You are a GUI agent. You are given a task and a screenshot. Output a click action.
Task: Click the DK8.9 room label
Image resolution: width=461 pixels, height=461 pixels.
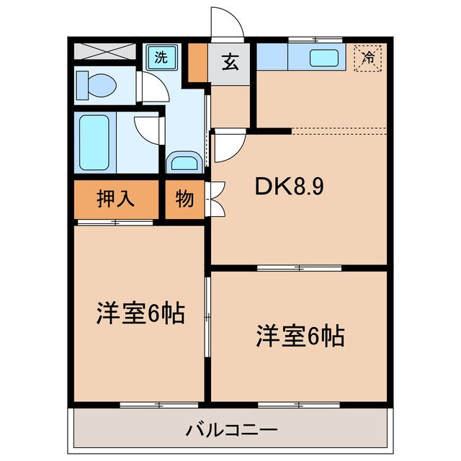290,187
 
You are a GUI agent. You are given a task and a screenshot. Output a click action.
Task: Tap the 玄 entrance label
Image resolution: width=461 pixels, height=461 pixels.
230,62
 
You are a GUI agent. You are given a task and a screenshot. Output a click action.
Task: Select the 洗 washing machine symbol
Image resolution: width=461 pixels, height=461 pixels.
161,57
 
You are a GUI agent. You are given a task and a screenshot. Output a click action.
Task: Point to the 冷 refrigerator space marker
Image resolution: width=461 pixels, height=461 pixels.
368,58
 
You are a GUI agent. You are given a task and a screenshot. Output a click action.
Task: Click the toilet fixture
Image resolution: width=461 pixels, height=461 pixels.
96,85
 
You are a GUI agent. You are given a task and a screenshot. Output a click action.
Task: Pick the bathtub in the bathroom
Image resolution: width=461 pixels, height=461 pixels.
94,143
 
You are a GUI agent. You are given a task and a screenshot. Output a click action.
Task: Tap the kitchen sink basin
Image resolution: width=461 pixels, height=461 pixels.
323,58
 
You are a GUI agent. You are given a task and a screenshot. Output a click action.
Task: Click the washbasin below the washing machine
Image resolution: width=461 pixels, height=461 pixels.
184,162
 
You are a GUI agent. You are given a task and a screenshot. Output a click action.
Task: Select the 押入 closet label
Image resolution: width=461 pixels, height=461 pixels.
115,199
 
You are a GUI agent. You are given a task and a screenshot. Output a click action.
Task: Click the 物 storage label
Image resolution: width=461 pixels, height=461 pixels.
184,200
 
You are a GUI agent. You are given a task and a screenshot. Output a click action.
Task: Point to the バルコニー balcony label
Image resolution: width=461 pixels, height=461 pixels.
231,431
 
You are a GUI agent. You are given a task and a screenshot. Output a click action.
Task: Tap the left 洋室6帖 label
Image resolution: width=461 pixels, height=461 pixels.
140,313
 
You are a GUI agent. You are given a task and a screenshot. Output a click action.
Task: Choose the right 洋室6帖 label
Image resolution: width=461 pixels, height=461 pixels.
300,336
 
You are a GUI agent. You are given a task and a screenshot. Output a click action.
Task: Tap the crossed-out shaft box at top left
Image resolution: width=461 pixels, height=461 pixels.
104,51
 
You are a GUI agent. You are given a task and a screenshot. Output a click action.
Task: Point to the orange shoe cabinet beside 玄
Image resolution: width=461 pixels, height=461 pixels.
197,63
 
